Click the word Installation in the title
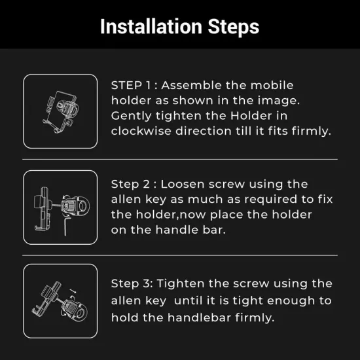151,26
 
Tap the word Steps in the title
234,27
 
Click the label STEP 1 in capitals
131,85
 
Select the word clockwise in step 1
141,131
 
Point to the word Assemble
192,85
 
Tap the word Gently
131,116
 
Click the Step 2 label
130,184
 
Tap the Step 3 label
132,283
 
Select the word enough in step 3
291,301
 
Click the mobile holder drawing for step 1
61,111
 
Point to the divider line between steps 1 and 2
180,159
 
